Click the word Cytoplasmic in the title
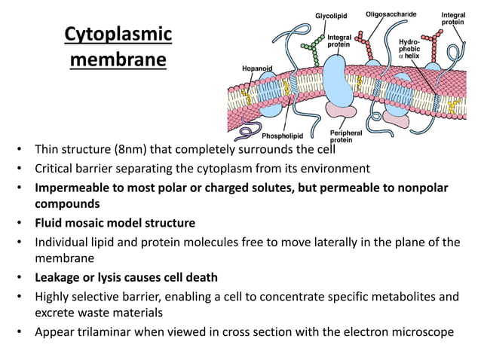click(118, 35)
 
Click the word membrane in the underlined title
click(118, 59)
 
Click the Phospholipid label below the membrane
click(282, 136)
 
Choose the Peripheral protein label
click(346, 136)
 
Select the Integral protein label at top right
click(453, 18)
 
